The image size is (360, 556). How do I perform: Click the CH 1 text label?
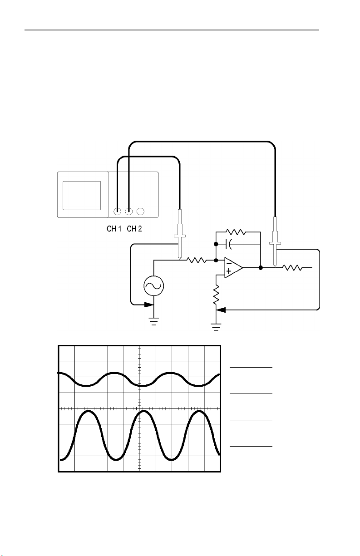(x=111, y=229)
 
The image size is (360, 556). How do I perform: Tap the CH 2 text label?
(x=134, y=229)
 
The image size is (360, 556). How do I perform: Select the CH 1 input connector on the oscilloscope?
(x=118, y=211)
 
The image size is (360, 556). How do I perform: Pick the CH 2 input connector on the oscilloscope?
(x=129, y=211)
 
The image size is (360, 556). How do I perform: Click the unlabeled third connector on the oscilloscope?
(x=141, y=211)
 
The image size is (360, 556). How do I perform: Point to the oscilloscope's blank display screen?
(x=81, y=195)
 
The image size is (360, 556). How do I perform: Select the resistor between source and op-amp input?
(x=197, y=261)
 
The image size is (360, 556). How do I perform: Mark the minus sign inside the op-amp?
(x=229, y=263)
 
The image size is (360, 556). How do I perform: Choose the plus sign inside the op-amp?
(x=229, y=272)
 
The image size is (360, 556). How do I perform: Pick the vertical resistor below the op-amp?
(x=216, y=295)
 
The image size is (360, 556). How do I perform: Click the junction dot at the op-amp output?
(x=261, y=268)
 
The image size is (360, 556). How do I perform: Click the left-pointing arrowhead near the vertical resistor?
(x=221, y=310)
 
